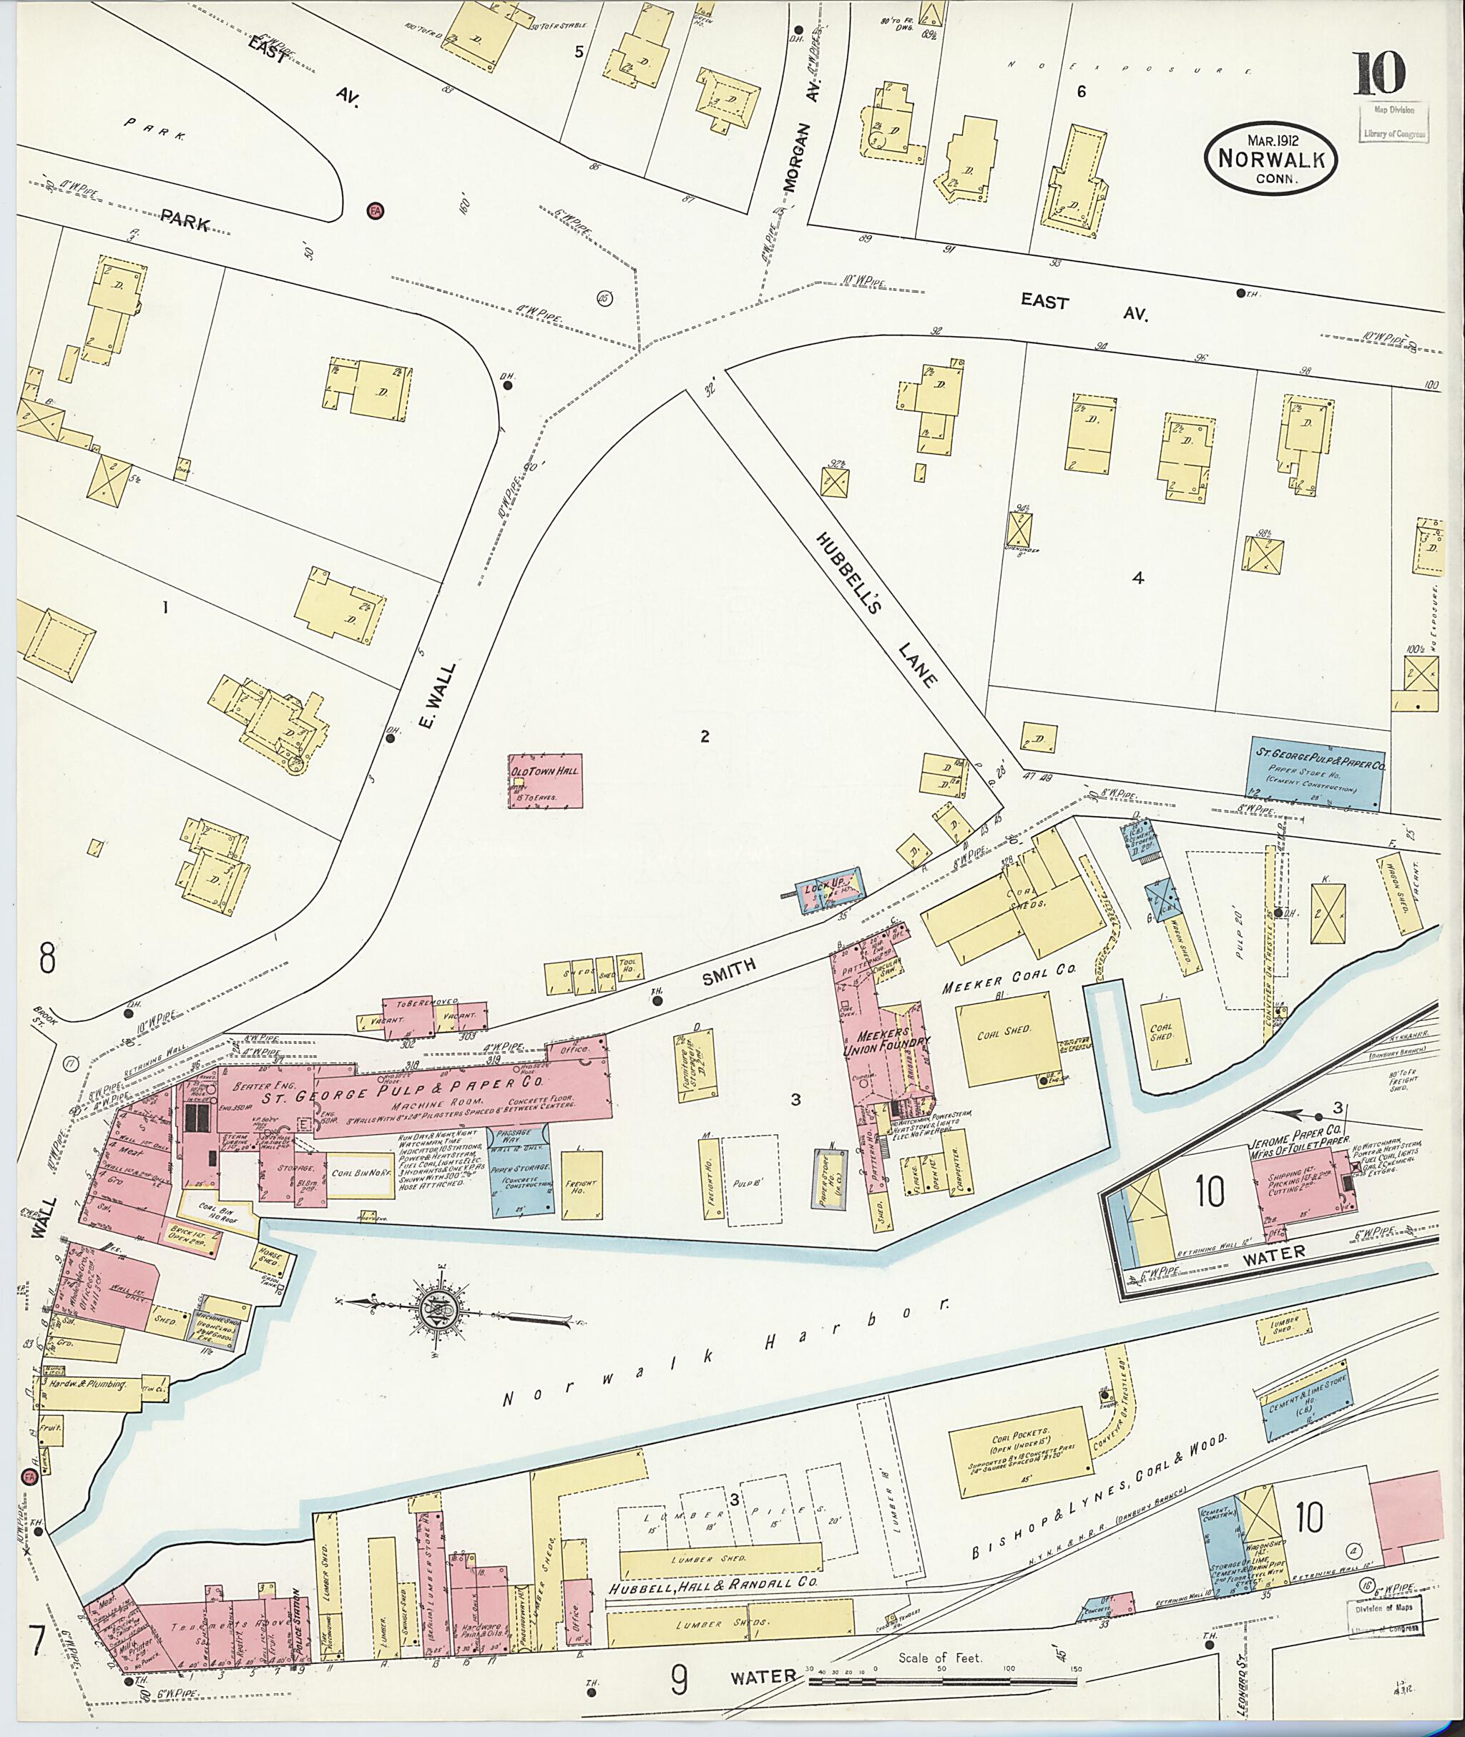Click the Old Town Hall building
click(545, 779)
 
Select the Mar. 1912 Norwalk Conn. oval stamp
click(1270, 159)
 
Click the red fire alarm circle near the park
click(375, 211)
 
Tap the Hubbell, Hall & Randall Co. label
click(712, 1585)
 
